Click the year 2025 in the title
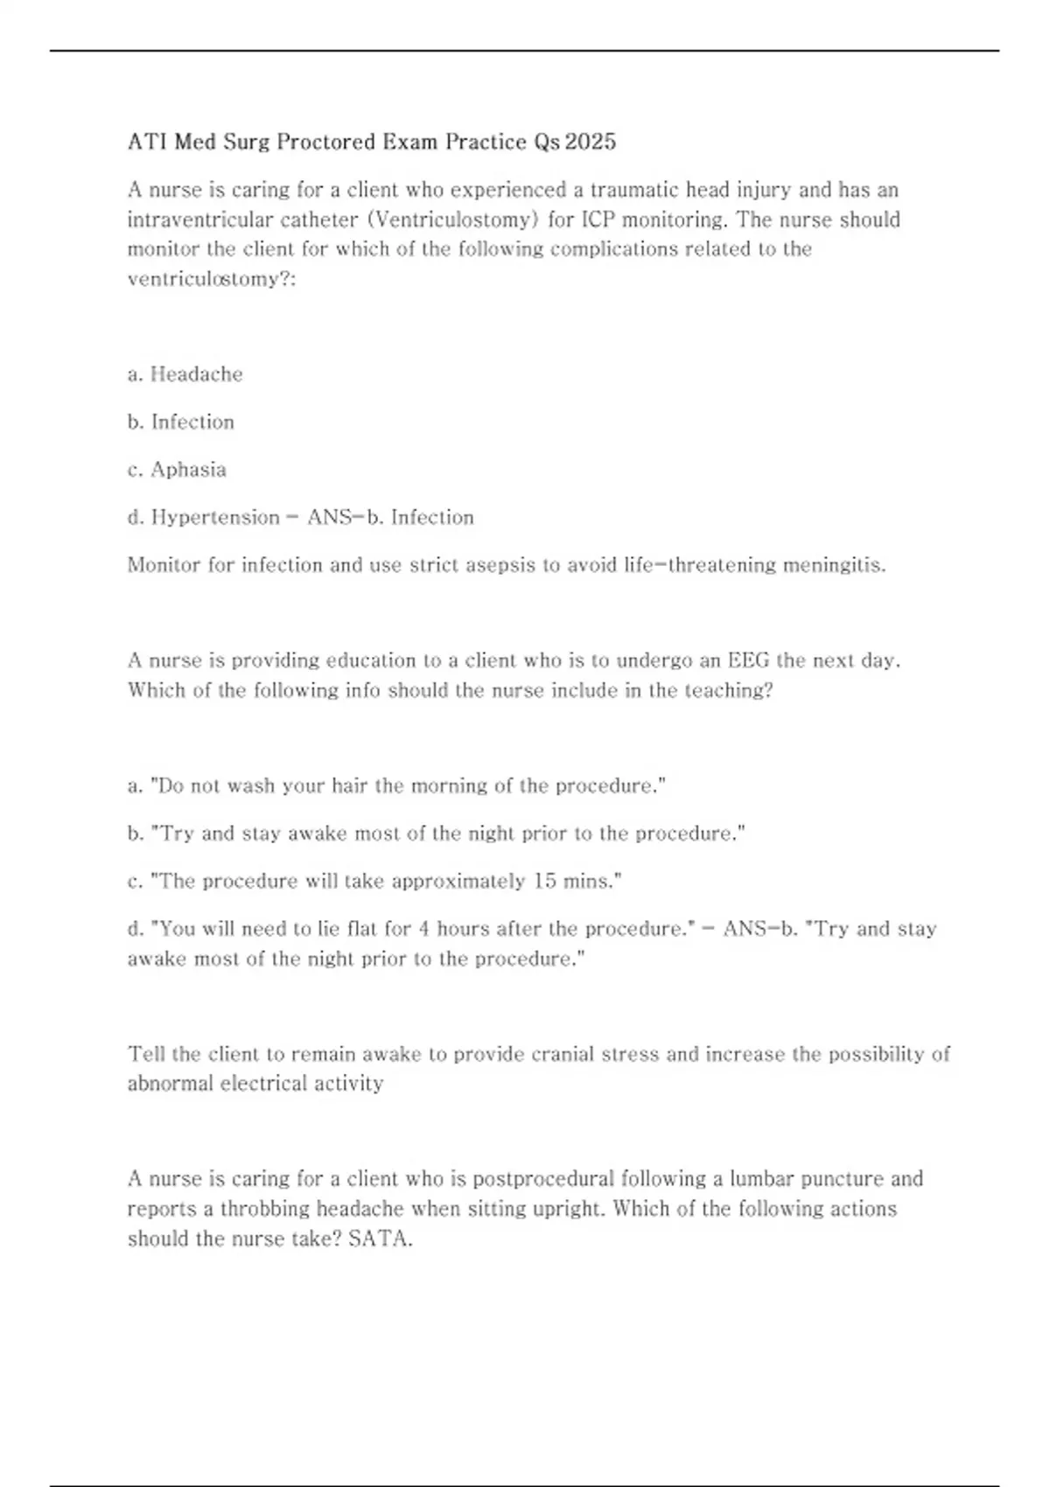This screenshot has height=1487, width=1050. click(x=591, y=142)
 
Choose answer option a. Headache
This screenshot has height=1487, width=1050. click(x=185, y=374)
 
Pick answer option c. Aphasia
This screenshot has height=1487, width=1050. click(x=177, y=470)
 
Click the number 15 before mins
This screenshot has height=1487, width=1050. click(x=544, y=881)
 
